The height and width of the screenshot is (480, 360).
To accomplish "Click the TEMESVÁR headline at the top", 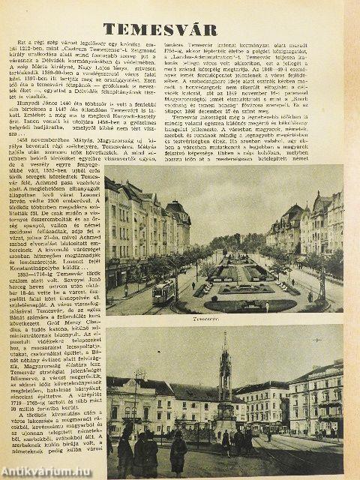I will point(180,30).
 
